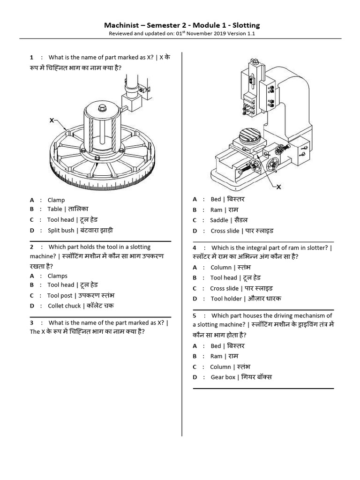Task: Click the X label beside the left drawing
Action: pyautogui.click(x=52, y=120)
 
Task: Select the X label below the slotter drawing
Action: pyautogui.click(x=278, y=187)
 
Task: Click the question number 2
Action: pyautogui.click(x=31, y=247)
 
